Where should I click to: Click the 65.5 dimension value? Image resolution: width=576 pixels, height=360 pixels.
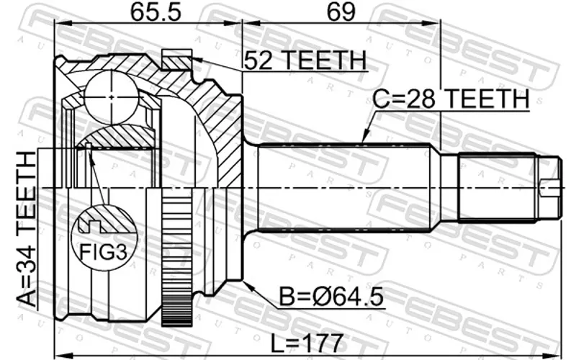click(156, 12)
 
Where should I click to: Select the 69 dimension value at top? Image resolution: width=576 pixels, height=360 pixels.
click(341, 12)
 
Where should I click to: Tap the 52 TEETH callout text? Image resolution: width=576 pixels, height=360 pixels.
click(305, 60)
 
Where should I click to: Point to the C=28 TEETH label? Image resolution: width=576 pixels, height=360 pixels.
click(451, 99)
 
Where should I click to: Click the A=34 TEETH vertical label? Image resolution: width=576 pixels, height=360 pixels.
click(27, 229)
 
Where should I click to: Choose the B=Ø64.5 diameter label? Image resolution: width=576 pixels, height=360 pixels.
click(331, 297)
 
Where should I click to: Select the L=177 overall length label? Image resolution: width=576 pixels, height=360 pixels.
click(307, 343)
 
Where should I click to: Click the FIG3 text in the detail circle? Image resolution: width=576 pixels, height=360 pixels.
click(103, 253)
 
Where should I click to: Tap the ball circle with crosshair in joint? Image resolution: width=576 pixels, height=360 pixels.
click(112, 97)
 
